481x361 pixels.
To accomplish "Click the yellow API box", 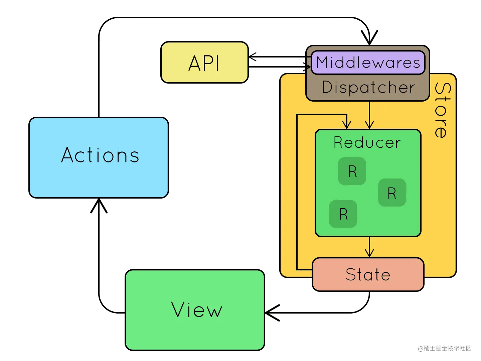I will point(204,63).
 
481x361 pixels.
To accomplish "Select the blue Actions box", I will point(99,157).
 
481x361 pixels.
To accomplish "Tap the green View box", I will point(195,310).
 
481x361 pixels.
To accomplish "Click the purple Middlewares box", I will point(368,63).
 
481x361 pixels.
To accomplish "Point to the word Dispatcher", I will point(368,88).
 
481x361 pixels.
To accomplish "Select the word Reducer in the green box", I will point(367,143).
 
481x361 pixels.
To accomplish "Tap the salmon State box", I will point(368,274).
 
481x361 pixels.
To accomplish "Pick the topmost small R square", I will point(352,171).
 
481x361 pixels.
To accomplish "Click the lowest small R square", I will point(343,214).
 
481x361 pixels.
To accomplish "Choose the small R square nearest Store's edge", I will point(392,193).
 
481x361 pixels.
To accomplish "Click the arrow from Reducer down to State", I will point(369,247).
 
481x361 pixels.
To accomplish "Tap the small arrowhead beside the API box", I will point(253,57).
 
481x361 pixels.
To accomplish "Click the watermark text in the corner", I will point(444,348).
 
